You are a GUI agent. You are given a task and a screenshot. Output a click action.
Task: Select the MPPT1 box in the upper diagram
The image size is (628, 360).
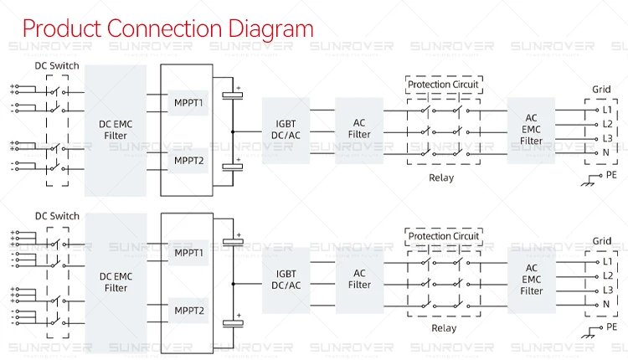[189, 103]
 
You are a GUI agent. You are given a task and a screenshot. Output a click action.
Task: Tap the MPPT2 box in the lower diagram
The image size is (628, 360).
[189, 311]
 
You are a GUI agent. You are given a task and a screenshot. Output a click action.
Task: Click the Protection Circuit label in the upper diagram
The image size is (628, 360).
[444, 85]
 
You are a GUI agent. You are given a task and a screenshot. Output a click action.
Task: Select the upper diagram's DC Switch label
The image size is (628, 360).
[58, 66]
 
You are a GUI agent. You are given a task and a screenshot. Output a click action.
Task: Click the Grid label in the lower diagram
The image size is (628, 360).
[602, 241]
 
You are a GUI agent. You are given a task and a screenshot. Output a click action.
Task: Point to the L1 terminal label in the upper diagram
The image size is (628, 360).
[608, 110]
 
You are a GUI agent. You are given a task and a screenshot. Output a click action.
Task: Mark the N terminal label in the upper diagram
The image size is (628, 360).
[606, 153]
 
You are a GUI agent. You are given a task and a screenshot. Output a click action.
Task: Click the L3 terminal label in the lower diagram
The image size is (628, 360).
[608, 290]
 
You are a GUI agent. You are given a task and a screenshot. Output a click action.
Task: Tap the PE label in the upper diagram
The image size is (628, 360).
[612, 175]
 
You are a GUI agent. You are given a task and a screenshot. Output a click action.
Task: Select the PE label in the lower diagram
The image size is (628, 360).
[612, 326]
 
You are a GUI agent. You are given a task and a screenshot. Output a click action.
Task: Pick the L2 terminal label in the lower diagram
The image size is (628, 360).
[608, 275]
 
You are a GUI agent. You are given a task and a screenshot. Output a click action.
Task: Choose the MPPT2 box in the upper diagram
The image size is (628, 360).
[189, 160]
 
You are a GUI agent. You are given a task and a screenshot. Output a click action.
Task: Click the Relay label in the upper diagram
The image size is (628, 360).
[442, 177]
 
